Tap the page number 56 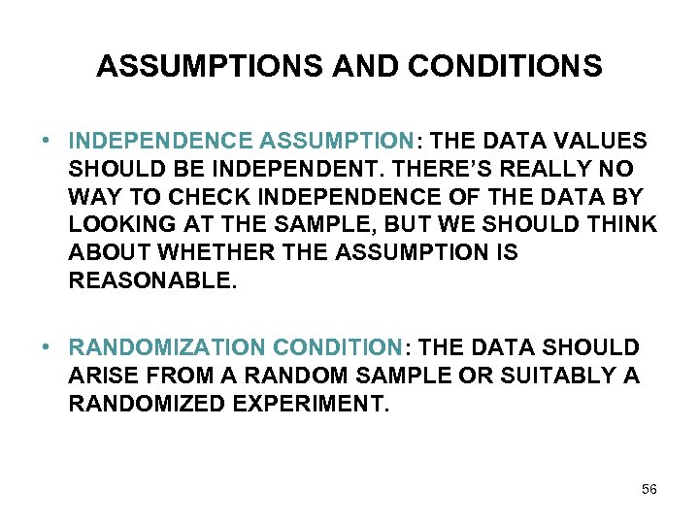coord(649,489)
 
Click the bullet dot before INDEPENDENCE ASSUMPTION coord(48,140)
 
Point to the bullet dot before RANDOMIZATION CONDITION coord(48,347)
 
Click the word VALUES coord(600,141)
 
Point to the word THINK coord(621,225)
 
